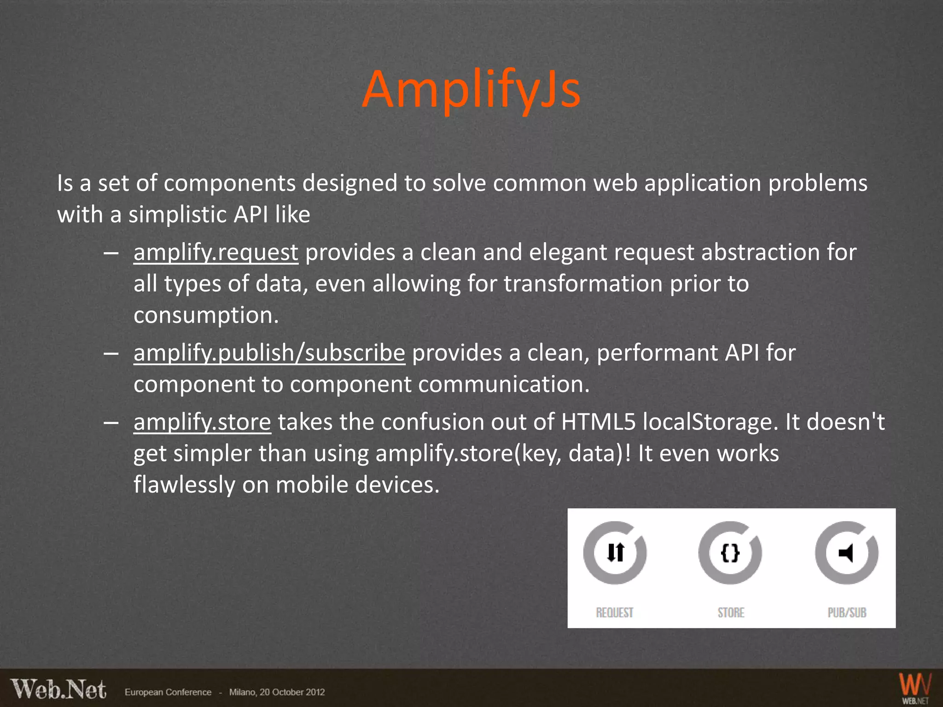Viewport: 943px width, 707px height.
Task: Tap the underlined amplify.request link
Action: coord(215,253)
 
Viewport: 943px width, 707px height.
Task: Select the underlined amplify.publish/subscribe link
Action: coord(269,353)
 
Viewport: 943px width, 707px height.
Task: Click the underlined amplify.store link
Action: coord(202,422)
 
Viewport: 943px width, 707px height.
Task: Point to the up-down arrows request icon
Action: coord(615,552)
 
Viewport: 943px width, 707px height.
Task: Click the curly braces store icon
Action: coord(730,552)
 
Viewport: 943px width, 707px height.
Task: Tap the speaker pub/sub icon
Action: coord(846,552)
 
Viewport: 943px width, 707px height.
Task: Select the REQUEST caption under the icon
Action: coord(615,613)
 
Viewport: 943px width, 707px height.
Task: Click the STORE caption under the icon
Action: coord(731,613)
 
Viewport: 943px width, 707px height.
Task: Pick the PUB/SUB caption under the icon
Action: coord(847,613)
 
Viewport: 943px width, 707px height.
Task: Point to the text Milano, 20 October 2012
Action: coord(277,692)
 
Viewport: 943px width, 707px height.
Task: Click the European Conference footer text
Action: coord(168,692)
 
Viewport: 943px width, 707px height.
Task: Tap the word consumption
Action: coord(206,316)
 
